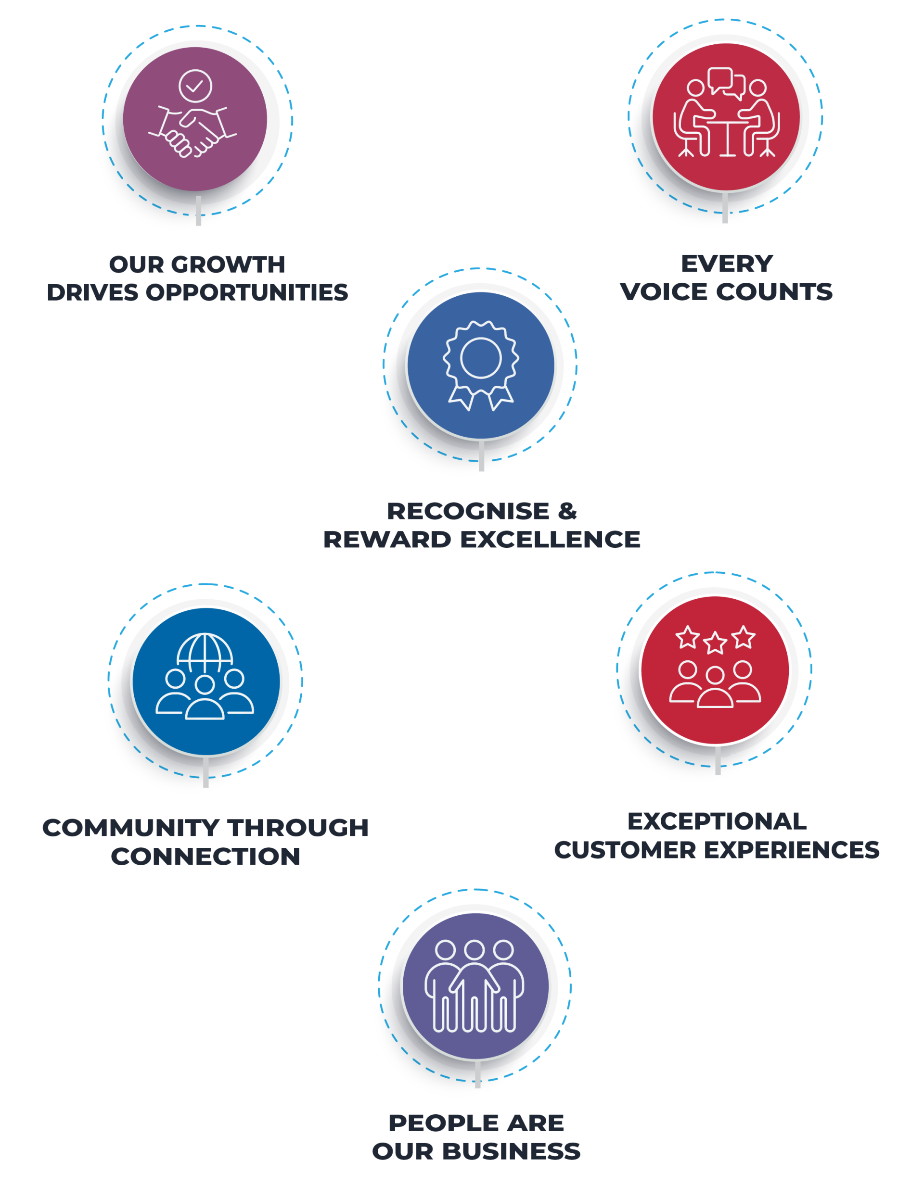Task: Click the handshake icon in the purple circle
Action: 192,132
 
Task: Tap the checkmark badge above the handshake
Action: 195,86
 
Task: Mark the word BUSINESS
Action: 511,1151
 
